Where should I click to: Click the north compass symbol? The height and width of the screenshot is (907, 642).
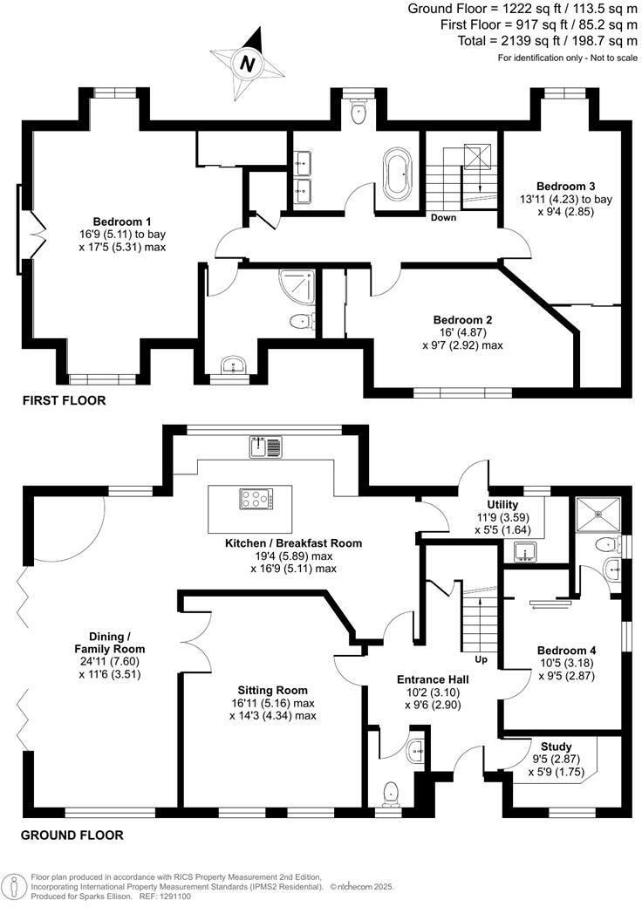pos(249,63)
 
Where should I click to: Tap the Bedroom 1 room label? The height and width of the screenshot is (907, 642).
pos(121,222)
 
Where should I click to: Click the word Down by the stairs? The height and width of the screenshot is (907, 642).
pos(443,218)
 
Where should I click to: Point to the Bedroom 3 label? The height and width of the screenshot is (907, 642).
pos(565,187)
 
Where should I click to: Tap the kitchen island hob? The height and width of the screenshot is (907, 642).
pos(256,500)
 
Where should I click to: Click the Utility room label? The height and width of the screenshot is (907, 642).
pos(502,505)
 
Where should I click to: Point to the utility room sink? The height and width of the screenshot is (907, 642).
pos(526,550)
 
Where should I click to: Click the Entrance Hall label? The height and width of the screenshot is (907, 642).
pos(433,679)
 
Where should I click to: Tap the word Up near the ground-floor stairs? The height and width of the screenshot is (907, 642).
pos(480,659)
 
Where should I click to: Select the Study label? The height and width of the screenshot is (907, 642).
pos(556,747)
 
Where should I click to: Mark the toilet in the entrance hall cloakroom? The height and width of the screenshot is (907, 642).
pos(391,791)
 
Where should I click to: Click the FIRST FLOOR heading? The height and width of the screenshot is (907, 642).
pos(64,401)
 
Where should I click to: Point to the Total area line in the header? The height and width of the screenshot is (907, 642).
pos(549,41)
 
